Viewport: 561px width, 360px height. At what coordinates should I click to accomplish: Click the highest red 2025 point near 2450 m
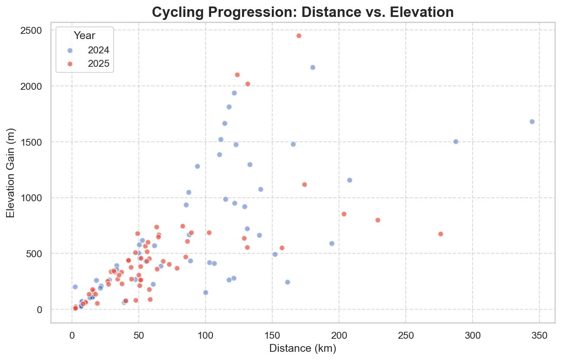pyautogui.click(x=299, y=36)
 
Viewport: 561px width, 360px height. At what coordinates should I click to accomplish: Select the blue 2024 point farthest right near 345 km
pyautogui.click(x=532, y=121)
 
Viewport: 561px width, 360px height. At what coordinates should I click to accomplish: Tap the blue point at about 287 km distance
pyautogui.click(x=456, y=141)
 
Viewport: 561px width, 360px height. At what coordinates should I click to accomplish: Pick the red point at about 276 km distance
pyautogui.click(x=440, y=234)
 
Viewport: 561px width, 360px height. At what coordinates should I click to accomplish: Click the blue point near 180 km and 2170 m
pyautogui.click(x=313, y=67)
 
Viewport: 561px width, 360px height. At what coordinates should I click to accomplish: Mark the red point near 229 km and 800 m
pyautogui.click(x=378, y=220)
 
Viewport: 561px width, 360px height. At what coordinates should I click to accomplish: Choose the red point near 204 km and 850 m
pyautogui.click(x=344, y=214)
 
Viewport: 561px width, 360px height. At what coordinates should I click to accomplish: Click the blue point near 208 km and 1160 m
pyautogui.click(x=349, y=180)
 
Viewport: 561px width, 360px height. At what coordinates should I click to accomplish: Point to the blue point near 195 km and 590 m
pyautogui.click(x=332, y=243)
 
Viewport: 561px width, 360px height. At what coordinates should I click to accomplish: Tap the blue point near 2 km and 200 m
pyautogui.click(x=75, y=287)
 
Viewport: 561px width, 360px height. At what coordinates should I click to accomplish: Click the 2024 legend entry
pyautogui.click(x=95, y=50)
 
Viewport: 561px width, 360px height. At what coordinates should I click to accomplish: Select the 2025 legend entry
pyautogui.click(x=95, y=64)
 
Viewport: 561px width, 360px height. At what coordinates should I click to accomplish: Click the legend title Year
pyautogui.click(x=85, y=36)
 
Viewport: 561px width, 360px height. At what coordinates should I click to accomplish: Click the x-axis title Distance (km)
pyautogui.click(x=303, y=348)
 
